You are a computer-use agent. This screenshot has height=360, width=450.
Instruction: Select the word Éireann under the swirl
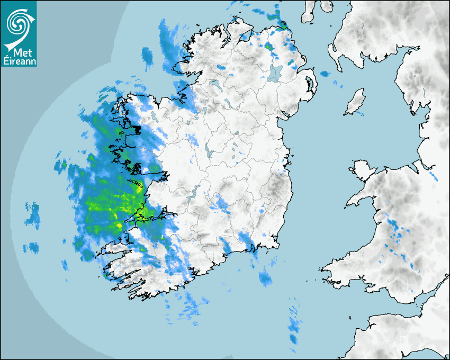coord(19,62)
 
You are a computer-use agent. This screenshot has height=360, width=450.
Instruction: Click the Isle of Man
coord(355,102)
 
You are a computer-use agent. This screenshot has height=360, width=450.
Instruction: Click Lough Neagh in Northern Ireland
coord(275,73)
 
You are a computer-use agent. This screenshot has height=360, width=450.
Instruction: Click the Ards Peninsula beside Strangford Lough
coord(312,85)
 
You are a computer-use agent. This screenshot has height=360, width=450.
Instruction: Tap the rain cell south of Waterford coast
coord(265,277)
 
